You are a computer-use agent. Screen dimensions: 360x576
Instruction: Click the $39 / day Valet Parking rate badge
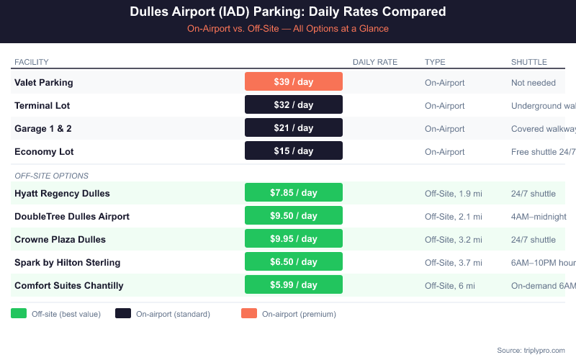pyautogui.click(x=294, y=82)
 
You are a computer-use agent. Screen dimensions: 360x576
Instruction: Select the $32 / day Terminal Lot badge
pyautogui.click(x=294, y=105)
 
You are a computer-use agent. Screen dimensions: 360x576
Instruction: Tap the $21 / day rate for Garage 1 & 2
pyautogui.click(x=294, y=128)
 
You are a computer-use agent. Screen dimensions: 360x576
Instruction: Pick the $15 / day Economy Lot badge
pyautogui.click(x=294, y=151)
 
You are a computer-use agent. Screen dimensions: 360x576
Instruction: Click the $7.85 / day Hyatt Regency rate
pyautogui.click(x=294, y=193)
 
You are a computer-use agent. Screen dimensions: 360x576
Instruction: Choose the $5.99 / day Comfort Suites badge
pyautogui.click(x=294, y=285)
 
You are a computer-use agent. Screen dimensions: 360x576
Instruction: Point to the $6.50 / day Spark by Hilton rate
pyautogui.click(x=294, y=262)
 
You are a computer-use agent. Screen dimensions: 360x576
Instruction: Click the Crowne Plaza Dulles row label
pyautogui.click(x=60, y=239)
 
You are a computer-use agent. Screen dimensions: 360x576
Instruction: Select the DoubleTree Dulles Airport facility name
pyautogui.click(x=72, y=216)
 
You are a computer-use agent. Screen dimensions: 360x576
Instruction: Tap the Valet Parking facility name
pyautogui.click(x=44, y=82)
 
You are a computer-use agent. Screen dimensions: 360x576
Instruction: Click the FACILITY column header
pyautogui.click(x=32, y=62)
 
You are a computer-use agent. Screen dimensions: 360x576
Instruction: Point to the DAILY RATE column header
pyautogui.click(x=375, y=62)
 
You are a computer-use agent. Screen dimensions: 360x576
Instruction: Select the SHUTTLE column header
pyautogui.click(x=529, y=62)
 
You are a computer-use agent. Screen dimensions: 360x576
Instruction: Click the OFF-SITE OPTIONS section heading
pyautogui.click(x=51, y=176)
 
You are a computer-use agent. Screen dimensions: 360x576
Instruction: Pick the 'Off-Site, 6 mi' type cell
pyautogui.click(x=450, y=285)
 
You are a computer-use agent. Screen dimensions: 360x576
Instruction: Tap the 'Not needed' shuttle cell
pyautogui.click(x=534, y=82)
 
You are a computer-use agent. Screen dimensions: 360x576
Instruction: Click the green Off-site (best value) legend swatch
pyautogui.click(x=19, y=313)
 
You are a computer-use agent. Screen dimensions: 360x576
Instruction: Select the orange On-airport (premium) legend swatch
pyautogui.click(x=249, y=313)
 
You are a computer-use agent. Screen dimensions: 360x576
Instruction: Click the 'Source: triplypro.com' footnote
pyautogui.click(x=531, y=350)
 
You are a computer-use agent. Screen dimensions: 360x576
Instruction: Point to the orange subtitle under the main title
pyautogui.click(x=288, y=29)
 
